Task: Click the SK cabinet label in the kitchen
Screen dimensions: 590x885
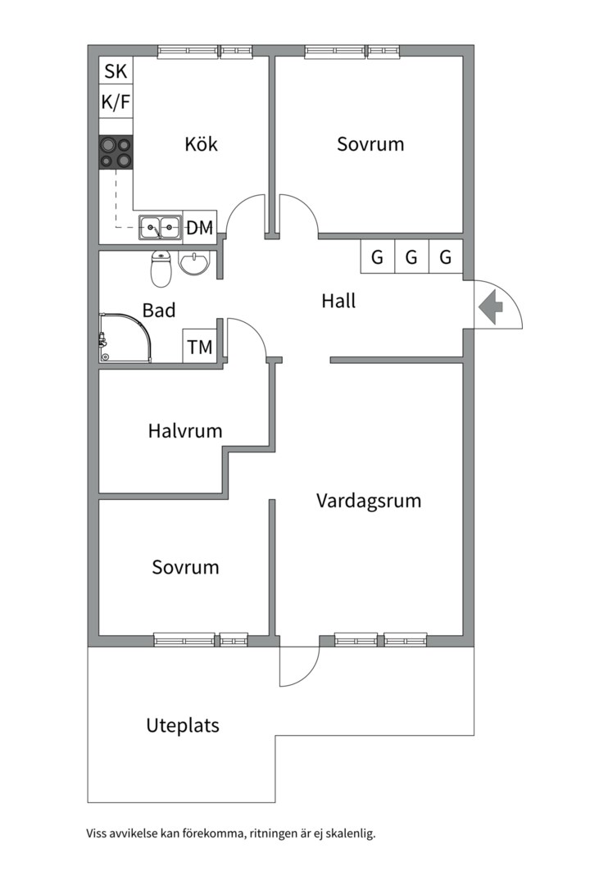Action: pyautogui.click(x=116, y=71)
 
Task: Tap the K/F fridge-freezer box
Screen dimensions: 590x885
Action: pyautogui.click(x=116, y=102)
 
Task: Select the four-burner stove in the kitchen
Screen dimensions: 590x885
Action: pyautogui.click(x=116, y=152)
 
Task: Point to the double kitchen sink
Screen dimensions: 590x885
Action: pyautogui.click(x=161, y=228)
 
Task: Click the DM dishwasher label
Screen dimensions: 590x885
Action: pyautogui.click(x=200, y=228)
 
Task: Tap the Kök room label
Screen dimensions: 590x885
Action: pyautogui.click(x=201, y=144)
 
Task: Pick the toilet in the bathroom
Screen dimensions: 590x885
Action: pyautogui.click(x=161, y=269)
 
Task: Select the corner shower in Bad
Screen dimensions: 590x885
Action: pyautogui.click(x=125, y=338)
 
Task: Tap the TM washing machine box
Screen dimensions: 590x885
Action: pyautogui.click(x=200, y=346)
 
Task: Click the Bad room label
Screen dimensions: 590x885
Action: pyautogui.click(x=159, y=311)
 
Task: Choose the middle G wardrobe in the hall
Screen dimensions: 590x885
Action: pyautogui.click(x=411, y=256)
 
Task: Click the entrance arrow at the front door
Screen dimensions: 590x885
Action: pyautogui.click(x=491, y=307)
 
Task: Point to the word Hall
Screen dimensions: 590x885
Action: pyautogui.click(x=338, y=301)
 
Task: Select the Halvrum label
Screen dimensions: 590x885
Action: pyautogui.click(x=185, y=431)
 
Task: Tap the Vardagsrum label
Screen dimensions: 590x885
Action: pyautogui.click(x=369, y=501)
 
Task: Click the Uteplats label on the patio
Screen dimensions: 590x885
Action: pyautogui.click(x=183, y=725)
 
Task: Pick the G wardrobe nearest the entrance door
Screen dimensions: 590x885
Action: pyautogui.click(x=446, y=256)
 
